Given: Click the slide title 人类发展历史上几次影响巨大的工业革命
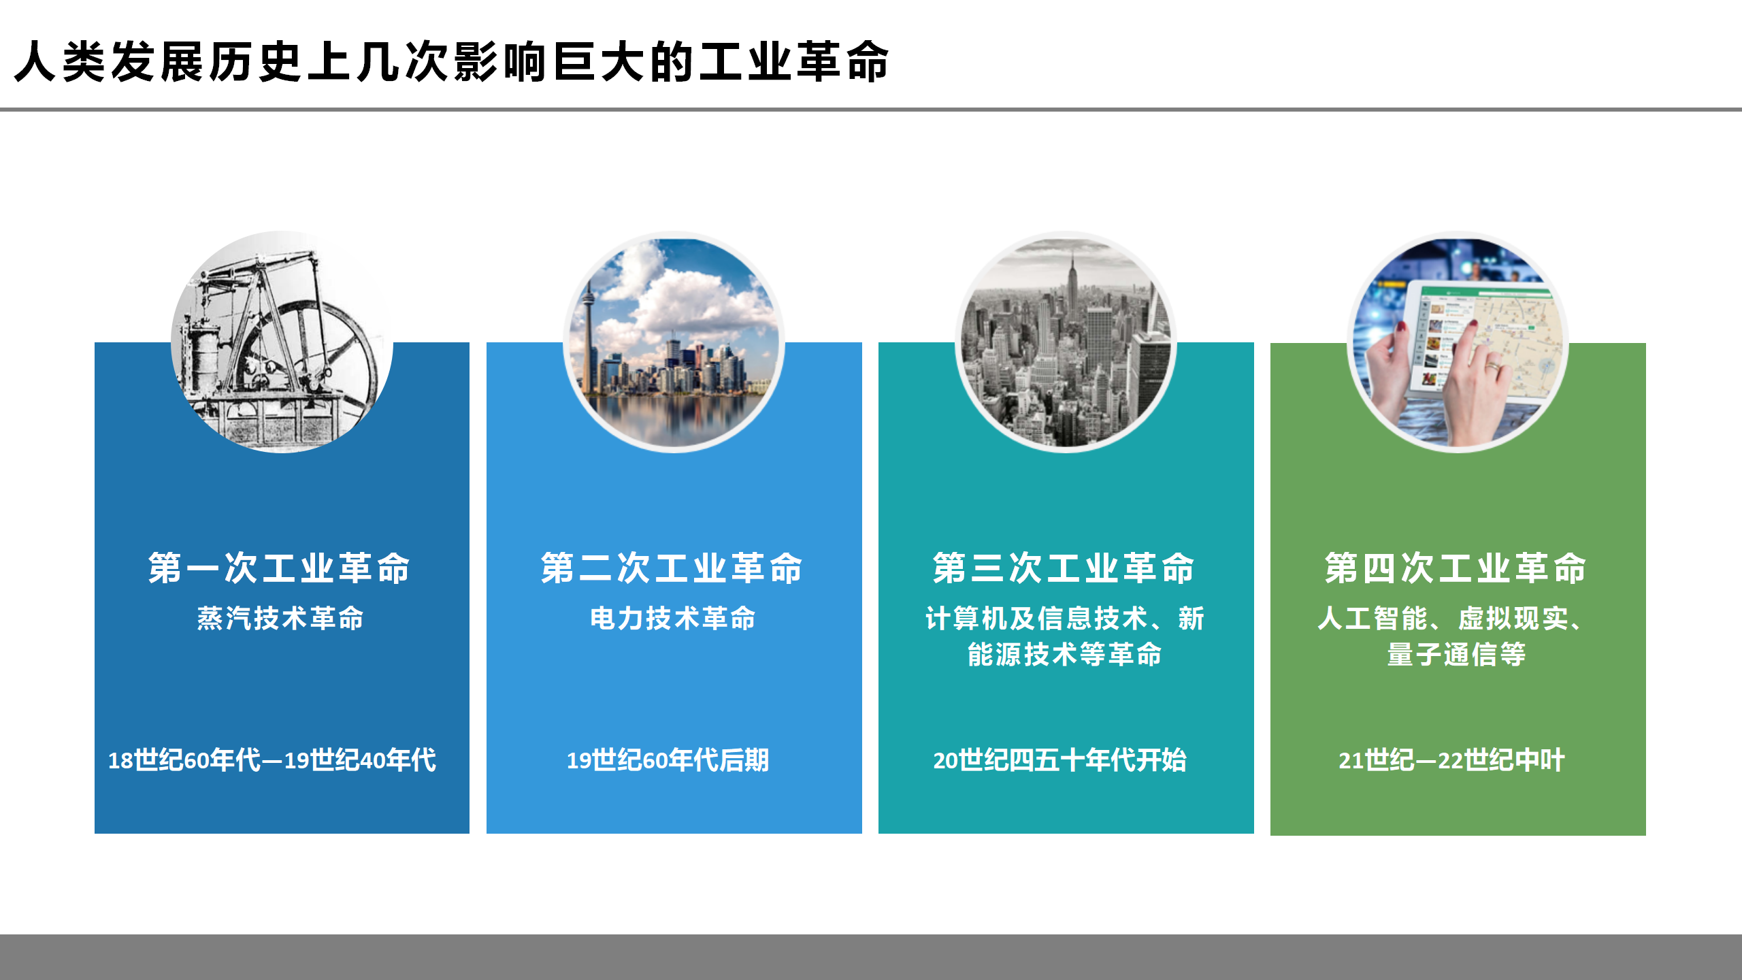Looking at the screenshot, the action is click(451, 62).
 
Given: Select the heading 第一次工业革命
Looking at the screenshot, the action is click(280, 568).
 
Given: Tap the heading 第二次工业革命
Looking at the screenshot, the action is click(672, 568).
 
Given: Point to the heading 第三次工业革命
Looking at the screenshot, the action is click(1064, 568).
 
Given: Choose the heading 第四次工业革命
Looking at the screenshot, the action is click(1456, 568).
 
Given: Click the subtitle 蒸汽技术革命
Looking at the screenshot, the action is click(280, 619).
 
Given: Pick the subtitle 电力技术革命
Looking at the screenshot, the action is click(673, 619).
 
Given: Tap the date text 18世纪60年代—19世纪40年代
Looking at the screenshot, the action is click(272, 760).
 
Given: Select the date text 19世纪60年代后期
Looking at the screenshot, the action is click(668, 760).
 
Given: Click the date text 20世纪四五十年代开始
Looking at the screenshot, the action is click(1060, 760).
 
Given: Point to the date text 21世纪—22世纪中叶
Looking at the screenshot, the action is click(1452, 760).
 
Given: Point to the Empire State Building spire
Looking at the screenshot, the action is click(1072, 262).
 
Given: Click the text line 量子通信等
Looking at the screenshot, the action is click(1457, 655).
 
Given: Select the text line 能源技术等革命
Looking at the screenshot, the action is click(1065, 655).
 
